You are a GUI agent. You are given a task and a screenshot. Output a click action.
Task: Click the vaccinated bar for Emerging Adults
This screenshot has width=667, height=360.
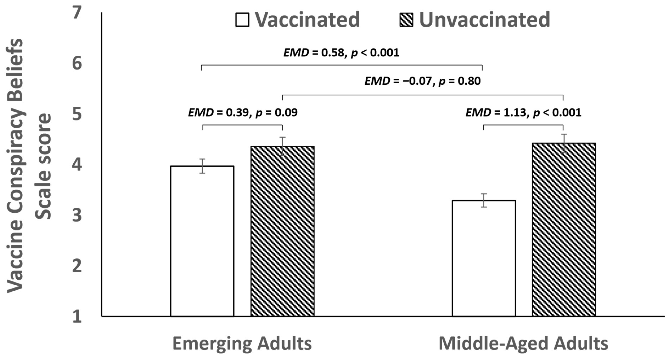(x=202, y=241)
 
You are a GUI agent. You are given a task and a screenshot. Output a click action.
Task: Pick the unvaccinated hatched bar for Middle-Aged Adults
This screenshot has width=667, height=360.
(x=564, y=229)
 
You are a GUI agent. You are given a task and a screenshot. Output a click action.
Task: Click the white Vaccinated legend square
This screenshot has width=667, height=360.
(x=242, y=20)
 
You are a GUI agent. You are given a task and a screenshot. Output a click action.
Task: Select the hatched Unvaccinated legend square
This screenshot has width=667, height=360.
(x=406, y=20)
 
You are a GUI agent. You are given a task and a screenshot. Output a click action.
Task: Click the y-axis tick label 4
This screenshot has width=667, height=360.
(x=77, y=165)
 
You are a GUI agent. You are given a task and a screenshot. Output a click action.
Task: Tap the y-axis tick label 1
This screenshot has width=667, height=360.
(x=77, y=316)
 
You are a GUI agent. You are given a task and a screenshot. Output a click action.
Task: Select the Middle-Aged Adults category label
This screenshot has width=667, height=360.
(x=523, y=343)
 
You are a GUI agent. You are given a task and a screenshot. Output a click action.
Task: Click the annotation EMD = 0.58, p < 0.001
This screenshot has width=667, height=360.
(x=341, y=53)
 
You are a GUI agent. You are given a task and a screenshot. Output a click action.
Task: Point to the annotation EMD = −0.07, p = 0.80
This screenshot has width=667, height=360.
(x=422, y=81)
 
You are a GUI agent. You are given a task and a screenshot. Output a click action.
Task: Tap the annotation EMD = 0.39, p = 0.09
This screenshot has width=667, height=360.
(x=243, y=113)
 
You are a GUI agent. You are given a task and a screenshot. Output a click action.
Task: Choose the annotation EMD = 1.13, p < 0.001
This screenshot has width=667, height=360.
(x=523, y=113)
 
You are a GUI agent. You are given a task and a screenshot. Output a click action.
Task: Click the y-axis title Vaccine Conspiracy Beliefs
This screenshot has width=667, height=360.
(x=15, y=166)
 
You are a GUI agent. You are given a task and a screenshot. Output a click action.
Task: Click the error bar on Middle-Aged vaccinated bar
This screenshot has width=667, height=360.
(x=484, y=201)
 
